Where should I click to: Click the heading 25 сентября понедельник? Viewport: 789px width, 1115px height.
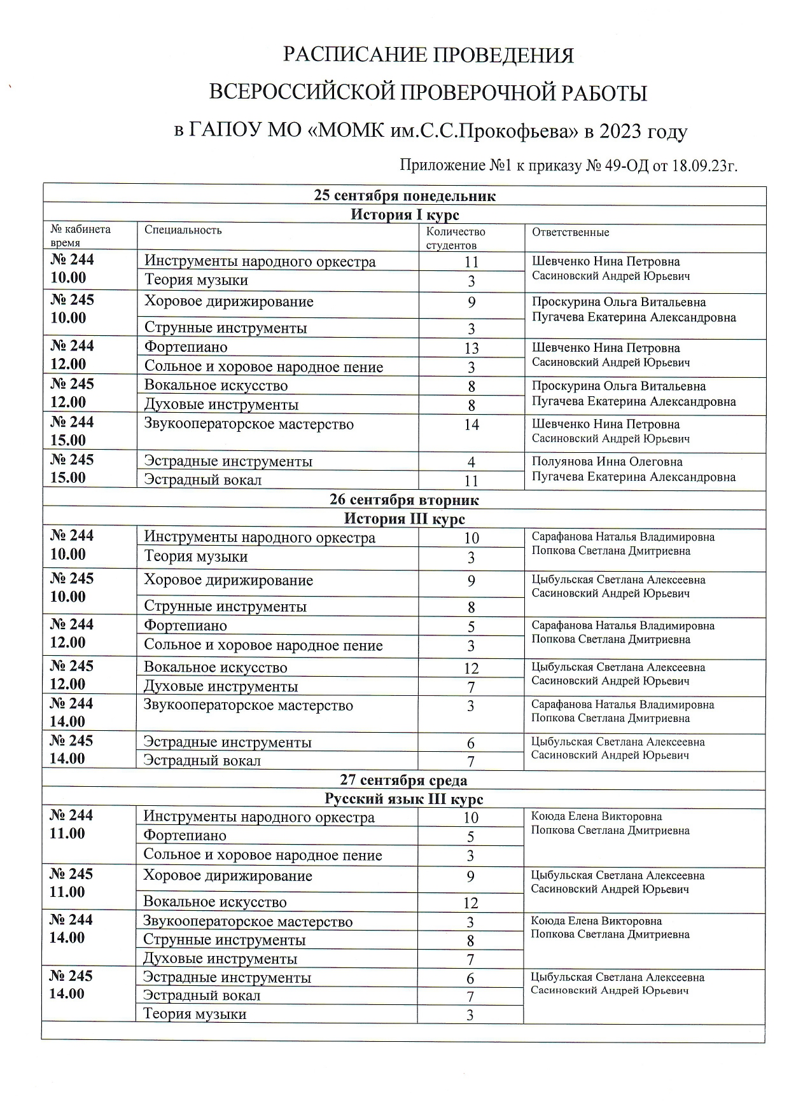click(x=405, y=195)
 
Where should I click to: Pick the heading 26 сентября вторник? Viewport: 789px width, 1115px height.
click(x=404, y=500)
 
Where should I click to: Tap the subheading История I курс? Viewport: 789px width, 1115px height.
click(x=405, y=214)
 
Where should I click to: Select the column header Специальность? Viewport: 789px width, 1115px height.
click(x=183, y=230)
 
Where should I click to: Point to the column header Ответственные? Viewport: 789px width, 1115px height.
click(x=571, y=233)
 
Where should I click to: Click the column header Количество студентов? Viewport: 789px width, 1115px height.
click(x=455, y=238)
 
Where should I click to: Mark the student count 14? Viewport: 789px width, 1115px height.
click(x=471, y=425)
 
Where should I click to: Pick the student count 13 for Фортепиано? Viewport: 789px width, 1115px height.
click(x=471, y=349)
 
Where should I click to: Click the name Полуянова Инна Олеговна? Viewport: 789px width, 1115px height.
click(x=607, y=462)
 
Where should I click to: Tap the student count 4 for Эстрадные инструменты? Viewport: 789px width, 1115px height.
click(x=471, y=462)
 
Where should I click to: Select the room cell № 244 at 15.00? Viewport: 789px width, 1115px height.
click(x=72, y=431)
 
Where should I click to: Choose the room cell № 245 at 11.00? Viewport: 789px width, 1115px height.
click(x=71, y=883)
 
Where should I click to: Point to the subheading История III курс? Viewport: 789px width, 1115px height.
click(x=404, y=519)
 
